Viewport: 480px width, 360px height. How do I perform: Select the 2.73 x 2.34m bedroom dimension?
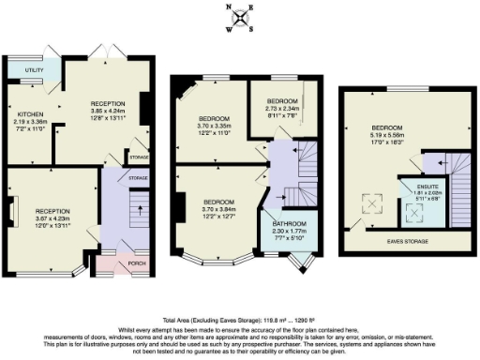coord(282,109)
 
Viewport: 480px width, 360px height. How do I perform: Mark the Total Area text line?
coord(240,320)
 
